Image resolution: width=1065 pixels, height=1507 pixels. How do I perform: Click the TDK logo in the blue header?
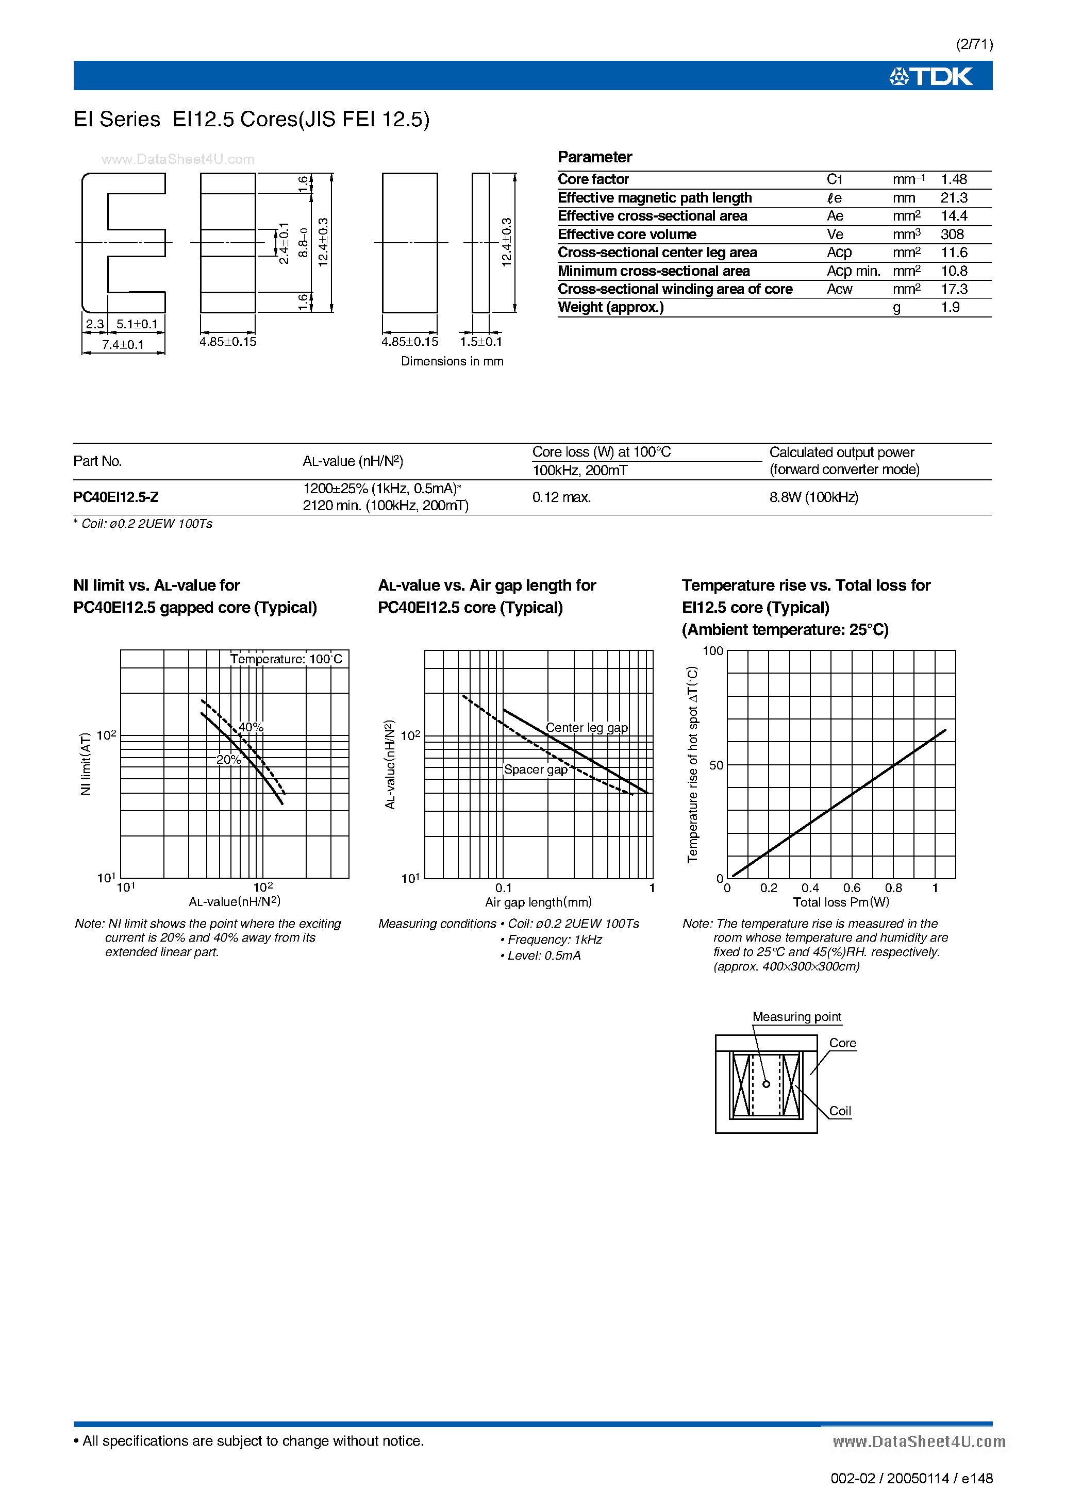[x=930, y=77]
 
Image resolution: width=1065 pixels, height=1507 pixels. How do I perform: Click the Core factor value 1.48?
[x=953, y=179]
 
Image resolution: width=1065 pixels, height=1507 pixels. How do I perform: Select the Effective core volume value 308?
[x=952, y=235]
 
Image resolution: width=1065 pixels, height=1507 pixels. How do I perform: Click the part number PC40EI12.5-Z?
[x=115, y=497]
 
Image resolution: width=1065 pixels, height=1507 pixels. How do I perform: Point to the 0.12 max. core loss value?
[x=561, y=497]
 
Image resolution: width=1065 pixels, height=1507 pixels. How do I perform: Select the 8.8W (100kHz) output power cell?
[x=813, y=497]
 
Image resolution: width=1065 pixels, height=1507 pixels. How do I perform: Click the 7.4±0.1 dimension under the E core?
[x=123, y=345]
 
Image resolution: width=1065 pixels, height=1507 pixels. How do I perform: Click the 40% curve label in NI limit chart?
[x=251, y=727]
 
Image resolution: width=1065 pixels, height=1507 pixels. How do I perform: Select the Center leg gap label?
[x=586, y=727]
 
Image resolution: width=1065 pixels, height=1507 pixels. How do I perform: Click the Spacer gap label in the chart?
[x=535, y=769]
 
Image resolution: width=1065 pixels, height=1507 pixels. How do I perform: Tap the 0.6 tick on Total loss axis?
[x=852, y=888]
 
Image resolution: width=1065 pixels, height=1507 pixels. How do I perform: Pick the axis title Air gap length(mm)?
[x=538, y=902]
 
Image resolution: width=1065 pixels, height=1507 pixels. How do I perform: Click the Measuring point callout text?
[x=796, y=1017]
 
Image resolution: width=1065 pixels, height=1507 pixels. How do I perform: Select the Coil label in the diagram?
[x=840, y=1111]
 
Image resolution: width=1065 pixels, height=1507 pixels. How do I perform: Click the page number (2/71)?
[x=974, y=44]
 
